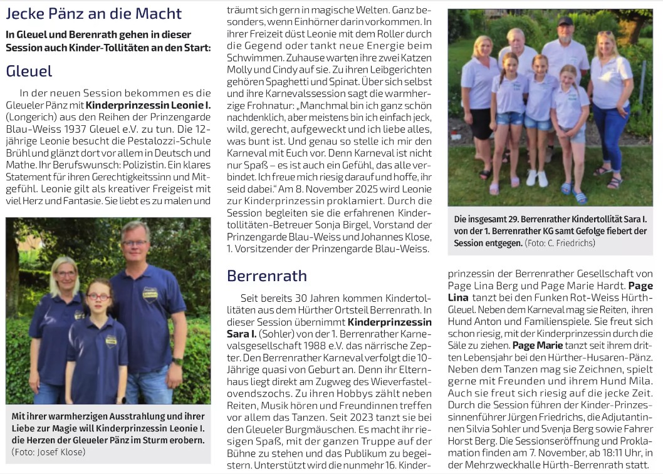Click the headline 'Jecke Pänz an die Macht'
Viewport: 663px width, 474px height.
pyautogui.click(x=94, y=13)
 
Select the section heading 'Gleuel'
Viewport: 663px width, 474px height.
pyautogui.click(x=29, y=71)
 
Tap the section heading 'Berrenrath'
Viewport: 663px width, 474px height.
pyautogui.click(x=267, y=276)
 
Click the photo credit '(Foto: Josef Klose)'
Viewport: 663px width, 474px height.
pyautogui.click(x=48, y=451)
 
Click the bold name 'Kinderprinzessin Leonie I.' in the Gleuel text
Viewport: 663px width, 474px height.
pyautogui.click(x=148, y=105)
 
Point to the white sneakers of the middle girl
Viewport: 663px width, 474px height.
pyautogui.click(x=537, y=179)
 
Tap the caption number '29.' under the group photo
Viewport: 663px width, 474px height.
pyautogui.click(x=519, y=220)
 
